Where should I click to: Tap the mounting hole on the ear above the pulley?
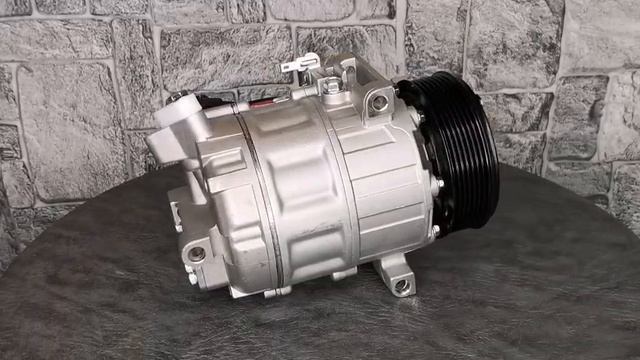point(379,102)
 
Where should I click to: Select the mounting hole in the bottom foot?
point(401,285)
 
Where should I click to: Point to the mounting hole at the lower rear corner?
point(197,254)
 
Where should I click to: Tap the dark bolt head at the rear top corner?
point(177,98)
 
